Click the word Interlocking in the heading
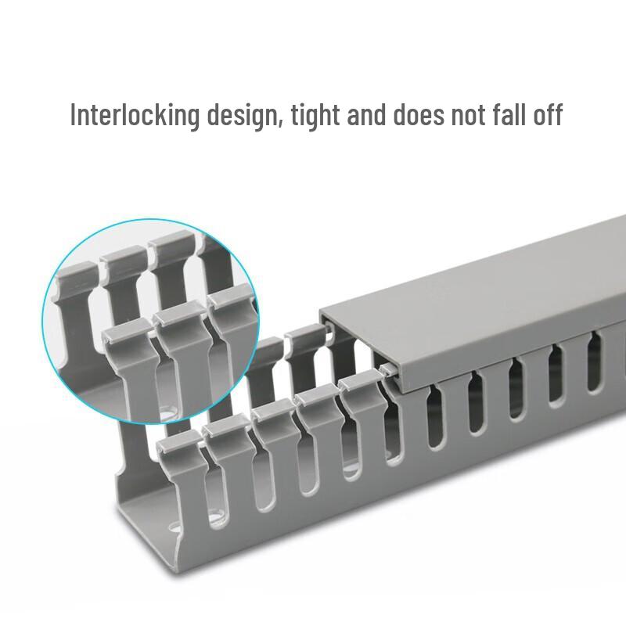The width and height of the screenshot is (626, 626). pos(135,115)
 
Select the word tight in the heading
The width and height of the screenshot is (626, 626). pos(316,116)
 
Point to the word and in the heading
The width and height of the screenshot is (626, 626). pos(366,114)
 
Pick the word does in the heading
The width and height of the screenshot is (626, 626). pos(419,114)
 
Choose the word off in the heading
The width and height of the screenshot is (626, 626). pos(548,114)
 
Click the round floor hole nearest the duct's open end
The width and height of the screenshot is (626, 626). pos(174,531)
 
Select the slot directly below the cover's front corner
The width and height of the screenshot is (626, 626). pos(434,416)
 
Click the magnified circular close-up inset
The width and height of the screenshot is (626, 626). pos(150,322)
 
